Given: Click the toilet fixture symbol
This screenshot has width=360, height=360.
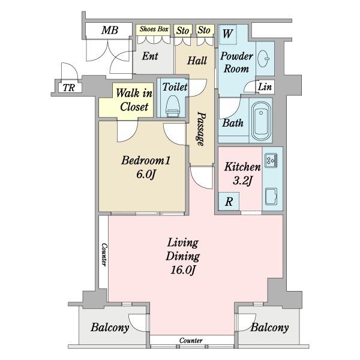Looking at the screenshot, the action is point(173,106).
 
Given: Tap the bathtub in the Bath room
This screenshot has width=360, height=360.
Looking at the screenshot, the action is point(261,122).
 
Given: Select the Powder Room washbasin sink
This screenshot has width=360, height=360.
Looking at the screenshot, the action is point(263,58).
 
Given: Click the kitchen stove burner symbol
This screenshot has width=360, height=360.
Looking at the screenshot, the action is point(271,160).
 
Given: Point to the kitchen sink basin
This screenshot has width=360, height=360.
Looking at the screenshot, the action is point(271,196).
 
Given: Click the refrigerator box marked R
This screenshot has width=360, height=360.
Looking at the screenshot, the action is point(229,202).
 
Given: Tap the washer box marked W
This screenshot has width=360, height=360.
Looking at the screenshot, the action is point(228,34).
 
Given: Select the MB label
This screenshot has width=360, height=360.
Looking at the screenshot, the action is point(110,30).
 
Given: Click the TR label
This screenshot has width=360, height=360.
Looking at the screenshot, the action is point(69,88).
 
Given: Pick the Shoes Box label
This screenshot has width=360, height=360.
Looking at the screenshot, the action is point(154,29).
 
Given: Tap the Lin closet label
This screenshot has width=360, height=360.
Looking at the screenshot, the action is point(265,87).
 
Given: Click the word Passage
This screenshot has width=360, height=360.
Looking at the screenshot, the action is point(200,129).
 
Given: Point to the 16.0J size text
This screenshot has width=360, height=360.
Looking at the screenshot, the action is point(183,270).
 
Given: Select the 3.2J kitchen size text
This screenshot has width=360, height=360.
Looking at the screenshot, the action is point(242,181).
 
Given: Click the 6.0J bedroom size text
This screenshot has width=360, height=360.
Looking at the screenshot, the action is point(146,174).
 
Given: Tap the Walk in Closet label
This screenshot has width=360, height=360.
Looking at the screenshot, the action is point(134,100).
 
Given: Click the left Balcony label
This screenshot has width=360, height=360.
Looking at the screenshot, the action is point(110,328).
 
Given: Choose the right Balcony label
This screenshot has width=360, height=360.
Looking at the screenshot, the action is point(269,328).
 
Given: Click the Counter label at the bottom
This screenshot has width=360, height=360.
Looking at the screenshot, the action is point(191,340).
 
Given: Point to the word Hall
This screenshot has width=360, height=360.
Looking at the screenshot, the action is point(197,61).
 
